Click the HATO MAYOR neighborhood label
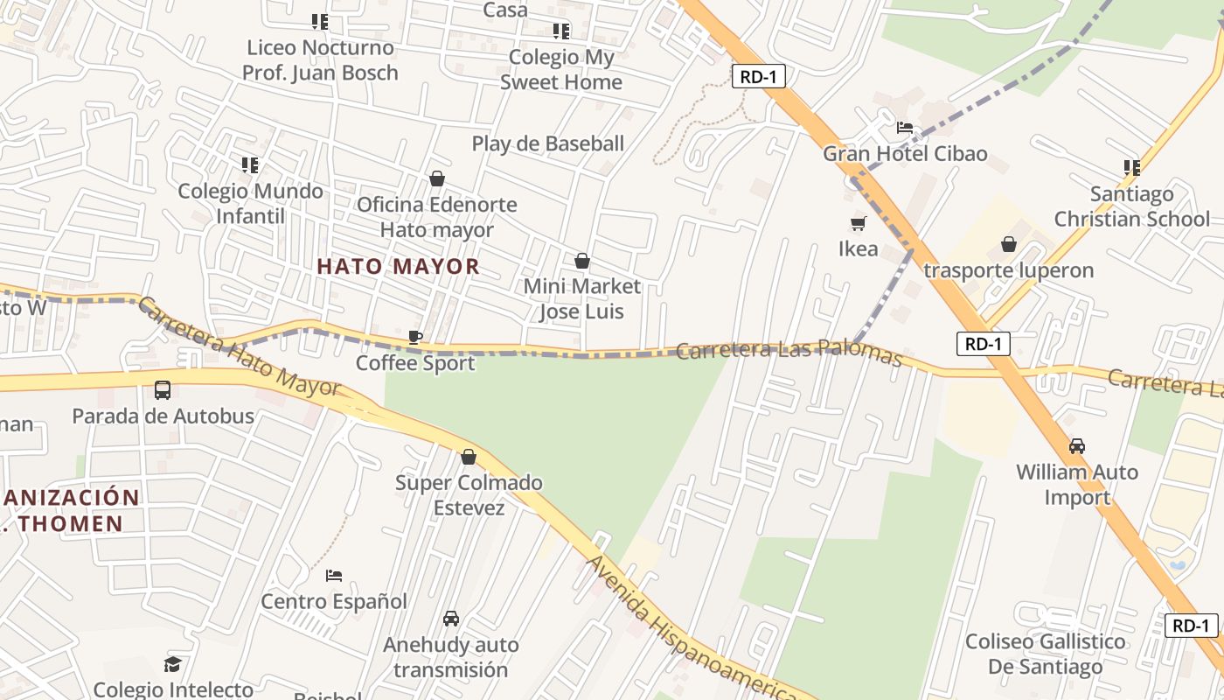(x=398, y=266)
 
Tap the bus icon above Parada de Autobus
(x=163, y=390)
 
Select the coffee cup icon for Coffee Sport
(x=415, y=337)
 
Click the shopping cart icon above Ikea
(x=859, y=223)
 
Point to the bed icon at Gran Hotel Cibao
(x=905, y=128)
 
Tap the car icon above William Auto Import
(x=1077, y=446)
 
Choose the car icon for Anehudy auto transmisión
(x=451, y=619)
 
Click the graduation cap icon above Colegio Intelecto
(x=173, y=664)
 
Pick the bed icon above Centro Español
(x=334, y=576)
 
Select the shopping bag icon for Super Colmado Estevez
(x=469, y=457)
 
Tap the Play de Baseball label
(x=548, y=143)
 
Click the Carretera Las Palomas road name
(x=789, y=351)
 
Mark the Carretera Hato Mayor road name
(x=238, y=346)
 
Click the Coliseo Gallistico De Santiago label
(x=1046, y=654)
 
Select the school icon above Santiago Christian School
(x=1132, y=167)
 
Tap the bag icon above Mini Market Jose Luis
(x=582, y=261)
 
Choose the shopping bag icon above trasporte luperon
(x=1009, y=244)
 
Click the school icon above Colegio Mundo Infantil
(x=250, y=164)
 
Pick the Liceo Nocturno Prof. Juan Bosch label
(x=320, y=59)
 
